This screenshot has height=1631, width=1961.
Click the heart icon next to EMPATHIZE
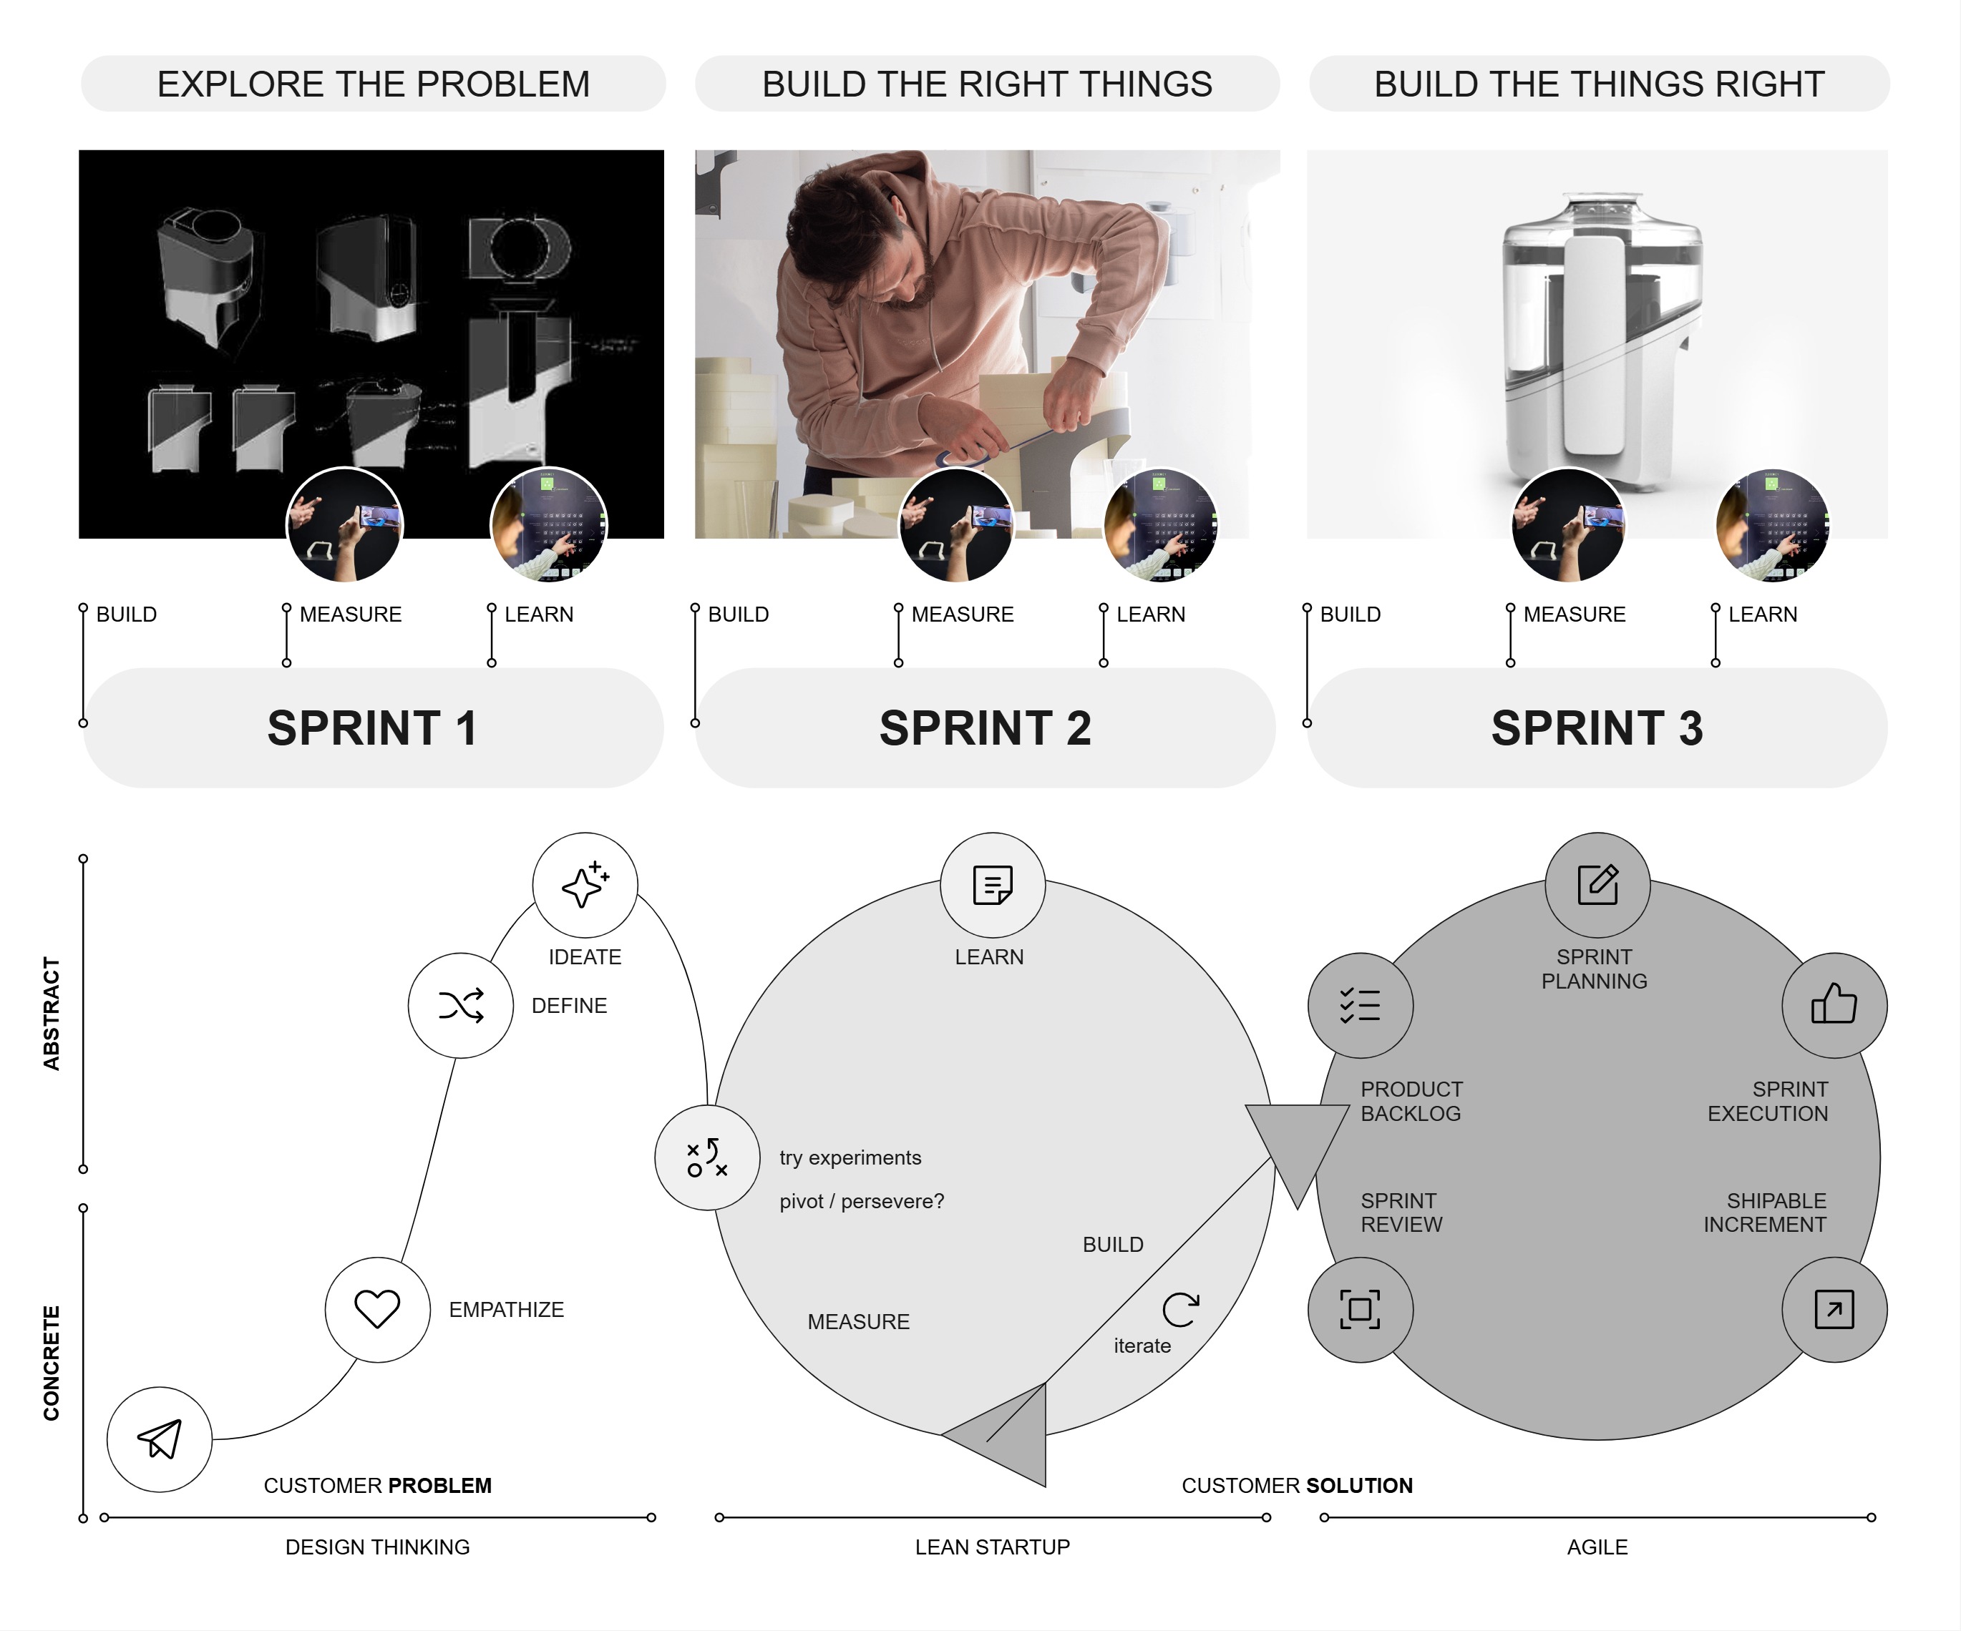[377, 1309]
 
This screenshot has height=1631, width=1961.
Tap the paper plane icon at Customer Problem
[160, 1439]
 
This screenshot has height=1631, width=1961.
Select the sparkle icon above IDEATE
[585, 884]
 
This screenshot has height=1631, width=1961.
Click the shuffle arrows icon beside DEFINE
[460, 1006]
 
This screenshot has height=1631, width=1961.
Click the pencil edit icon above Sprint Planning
[1597, 884]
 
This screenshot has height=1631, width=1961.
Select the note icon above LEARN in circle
[992, 884]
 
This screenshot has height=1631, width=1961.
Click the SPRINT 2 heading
[986, 728]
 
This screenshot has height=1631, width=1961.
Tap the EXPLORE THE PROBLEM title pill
[374, 84]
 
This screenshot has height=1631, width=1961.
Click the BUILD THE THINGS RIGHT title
[1599, 84]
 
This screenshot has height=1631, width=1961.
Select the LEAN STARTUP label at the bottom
[992, 1547]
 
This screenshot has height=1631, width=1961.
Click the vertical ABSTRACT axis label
[52, 1013]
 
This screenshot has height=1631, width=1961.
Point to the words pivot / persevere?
[862, 1202]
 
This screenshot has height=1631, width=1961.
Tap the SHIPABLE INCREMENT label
[1765, 1212]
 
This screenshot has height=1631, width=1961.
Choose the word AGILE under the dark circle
[1597, 1547]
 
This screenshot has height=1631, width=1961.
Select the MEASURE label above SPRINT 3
[1575, 614]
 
